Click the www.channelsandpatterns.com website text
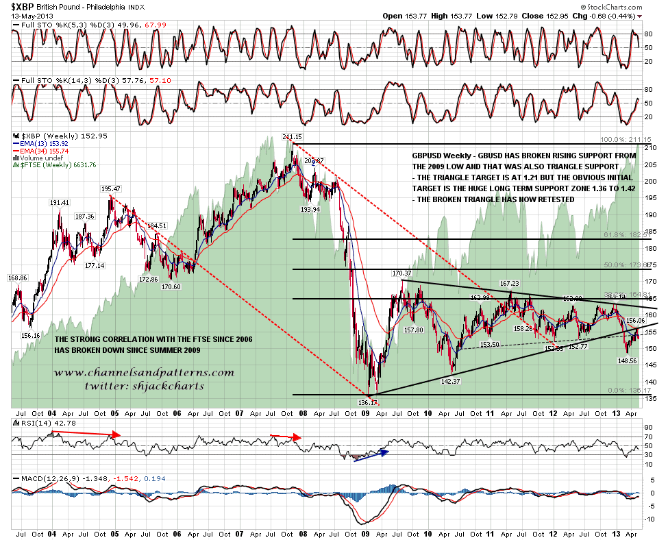click(x=144, y=373)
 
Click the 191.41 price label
click(x=60, y=203)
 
